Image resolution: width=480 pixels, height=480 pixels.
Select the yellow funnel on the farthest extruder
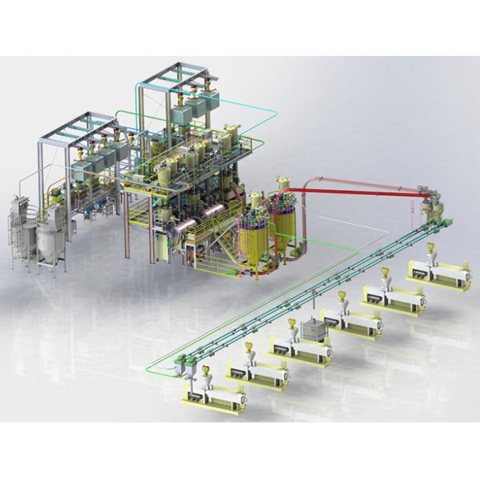click(430, 247)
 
